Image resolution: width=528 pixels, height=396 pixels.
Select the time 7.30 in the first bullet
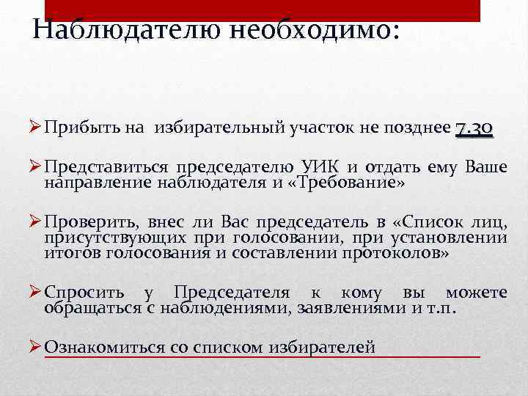tap(474, 129)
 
